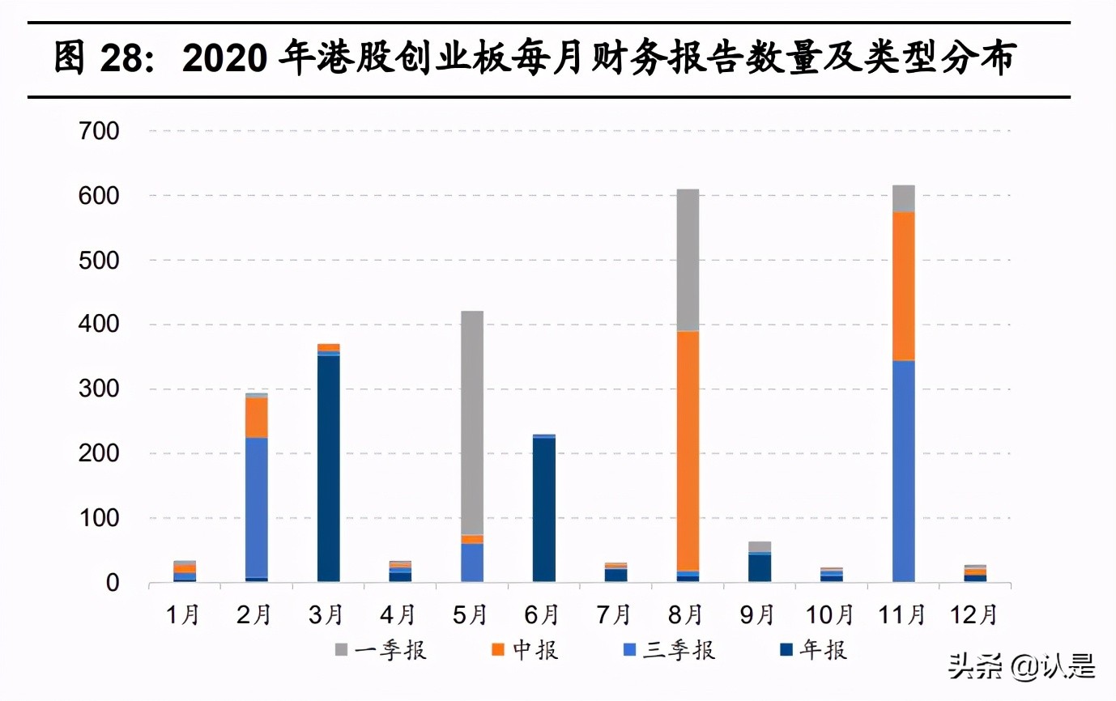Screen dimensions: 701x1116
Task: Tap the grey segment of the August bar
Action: [688, 260]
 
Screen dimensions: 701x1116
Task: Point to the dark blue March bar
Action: [328, 468]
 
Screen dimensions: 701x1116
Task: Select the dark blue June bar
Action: [544, 509]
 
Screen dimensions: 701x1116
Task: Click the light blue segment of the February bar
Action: [257, 507]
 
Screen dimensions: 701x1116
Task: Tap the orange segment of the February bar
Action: [257, 417]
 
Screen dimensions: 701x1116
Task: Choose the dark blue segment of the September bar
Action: [760, 567]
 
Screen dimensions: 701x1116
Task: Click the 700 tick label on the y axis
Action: [99, 131]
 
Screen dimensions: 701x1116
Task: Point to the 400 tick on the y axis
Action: [99, 325]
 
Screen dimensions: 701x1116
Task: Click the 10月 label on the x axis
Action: [830, 615]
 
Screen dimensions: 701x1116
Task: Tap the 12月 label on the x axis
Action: [974, 615]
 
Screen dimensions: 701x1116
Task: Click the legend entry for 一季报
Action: [381, 650]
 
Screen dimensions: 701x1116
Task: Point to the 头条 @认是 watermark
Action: [1022, 666]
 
